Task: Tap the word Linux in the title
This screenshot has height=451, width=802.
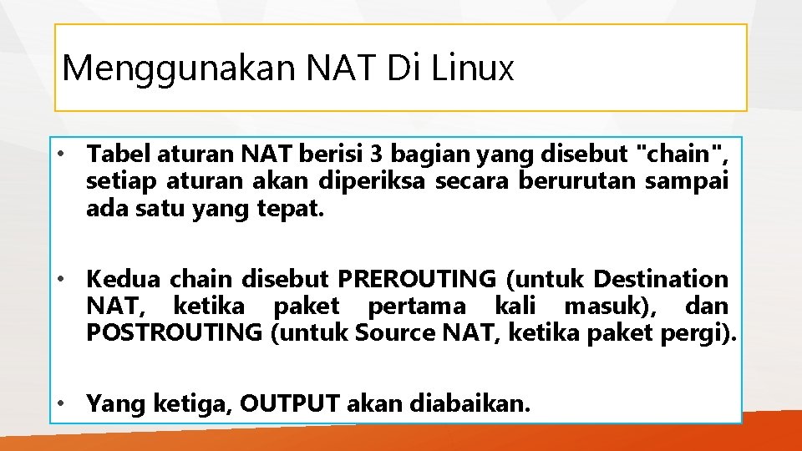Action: point(473,68)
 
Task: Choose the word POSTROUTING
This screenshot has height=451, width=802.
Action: point(175,333)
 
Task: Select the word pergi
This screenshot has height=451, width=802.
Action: point(707,333)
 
